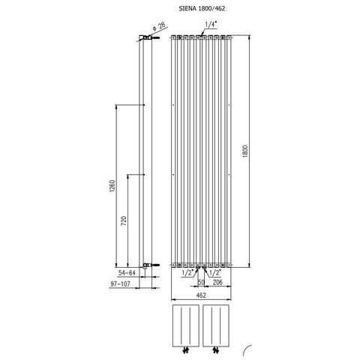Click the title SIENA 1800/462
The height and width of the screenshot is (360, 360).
[x=202, y=8]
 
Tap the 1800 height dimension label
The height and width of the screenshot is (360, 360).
[x=245, y=151]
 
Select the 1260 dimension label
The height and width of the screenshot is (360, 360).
[x=112, y=186]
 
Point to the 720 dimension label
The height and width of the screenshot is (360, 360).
[x=124, y=220]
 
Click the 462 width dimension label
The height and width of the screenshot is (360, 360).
[x=201, y=295]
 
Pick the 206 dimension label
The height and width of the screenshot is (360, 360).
[x=217, y=282]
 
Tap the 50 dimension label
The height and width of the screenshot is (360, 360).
[x=201, y=282]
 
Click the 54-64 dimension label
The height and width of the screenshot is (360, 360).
[x=127, y=273]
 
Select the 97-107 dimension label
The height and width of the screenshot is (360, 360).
[x=121, y=284]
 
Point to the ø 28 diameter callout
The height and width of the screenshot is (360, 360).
[x=159, y=26]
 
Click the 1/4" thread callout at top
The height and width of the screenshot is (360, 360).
[x=211, y=24]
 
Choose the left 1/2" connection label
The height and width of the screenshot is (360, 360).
[x=187, y=273]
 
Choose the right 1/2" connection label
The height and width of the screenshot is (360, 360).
[x=214, y=273]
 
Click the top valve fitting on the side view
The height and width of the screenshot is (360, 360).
[x=149, y=37]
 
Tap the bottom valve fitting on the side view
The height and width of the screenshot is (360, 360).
[x=150, y=265]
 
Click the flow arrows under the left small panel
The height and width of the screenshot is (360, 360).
[x=186, y=350]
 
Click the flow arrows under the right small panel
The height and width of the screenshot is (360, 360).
[x=216, y=350]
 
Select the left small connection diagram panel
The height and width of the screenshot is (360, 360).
[x=186, y=325]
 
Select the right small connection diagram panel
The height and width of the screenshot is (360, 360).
[x=216, y=325]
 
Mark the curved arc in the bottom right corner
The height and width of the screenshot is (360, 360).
[x=245, y=349]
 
